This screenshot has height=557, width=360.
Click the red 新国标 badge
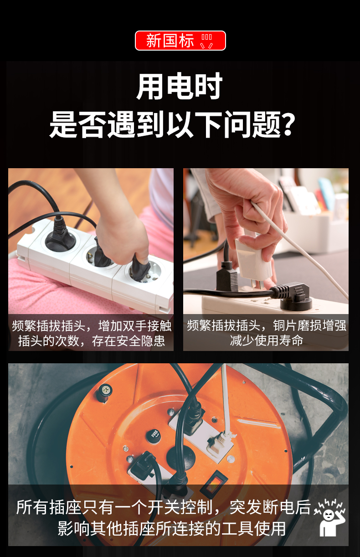tap(180, 41)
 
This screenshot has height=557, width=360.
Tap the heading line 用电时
tap(180, 86)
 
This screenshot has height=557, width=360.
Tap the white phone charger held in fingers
tap(252, 259)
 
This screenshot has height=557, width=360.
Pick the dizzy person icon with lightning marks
tap(330, 517)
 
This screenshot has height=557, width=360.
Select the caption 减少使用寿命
tap(266, 340)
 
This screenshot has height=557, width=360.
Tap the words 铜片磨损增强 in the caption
tap(310, 325)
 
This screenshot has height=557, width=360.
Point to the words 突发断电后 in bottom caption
tap(270, 507)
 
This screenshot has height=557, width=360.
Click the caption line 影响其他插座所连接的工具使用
tap(171, 529)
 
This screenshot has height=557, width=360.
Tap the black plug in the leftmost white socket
tap(60, 233)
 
